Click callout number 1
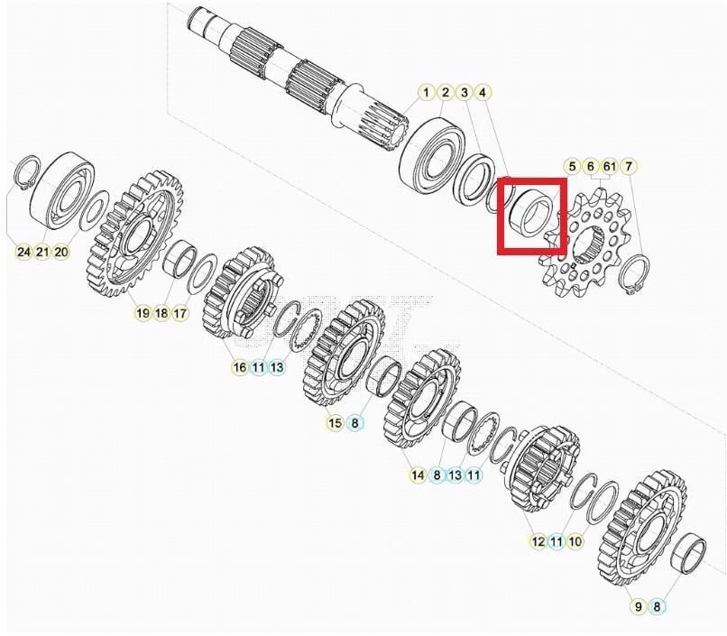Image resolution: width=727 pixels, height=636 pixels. (x=426, y=93)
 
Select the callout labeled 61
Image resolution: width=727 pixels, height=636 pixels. (x=610, y=166)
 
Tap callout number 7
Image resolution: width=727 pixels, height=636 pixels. (x=629, y=166)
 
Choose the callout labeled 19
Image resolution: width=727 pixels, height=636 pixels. (x=143, y=313)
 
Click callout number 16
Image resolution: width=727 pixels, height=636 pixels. (x=239, y=367)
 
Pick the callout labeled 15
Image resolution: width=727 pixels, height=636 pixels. (x=336, y=422)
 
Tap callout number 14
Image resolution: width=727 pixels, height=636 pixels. (x=418, y=475)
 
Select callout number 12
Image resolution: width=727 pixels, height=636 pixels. (x=538, y=541)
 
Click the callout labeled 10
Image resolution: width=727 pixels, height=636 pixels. (x=576, y=541)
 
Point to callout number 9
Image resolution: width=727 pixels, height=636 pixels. (x=638, y=606)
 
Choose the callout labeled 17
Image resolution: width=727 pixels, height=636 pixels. (x=180, y=313)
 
